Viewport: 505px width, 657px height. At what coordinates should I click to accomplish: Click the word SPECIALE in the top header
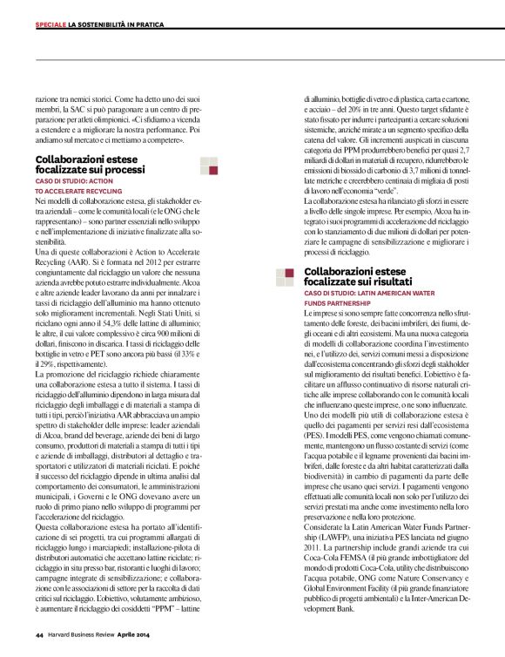(x=50, y=23)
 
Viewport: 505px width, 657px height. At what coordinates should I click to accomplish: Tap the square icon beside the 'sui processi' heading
(x=208, y=166)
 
